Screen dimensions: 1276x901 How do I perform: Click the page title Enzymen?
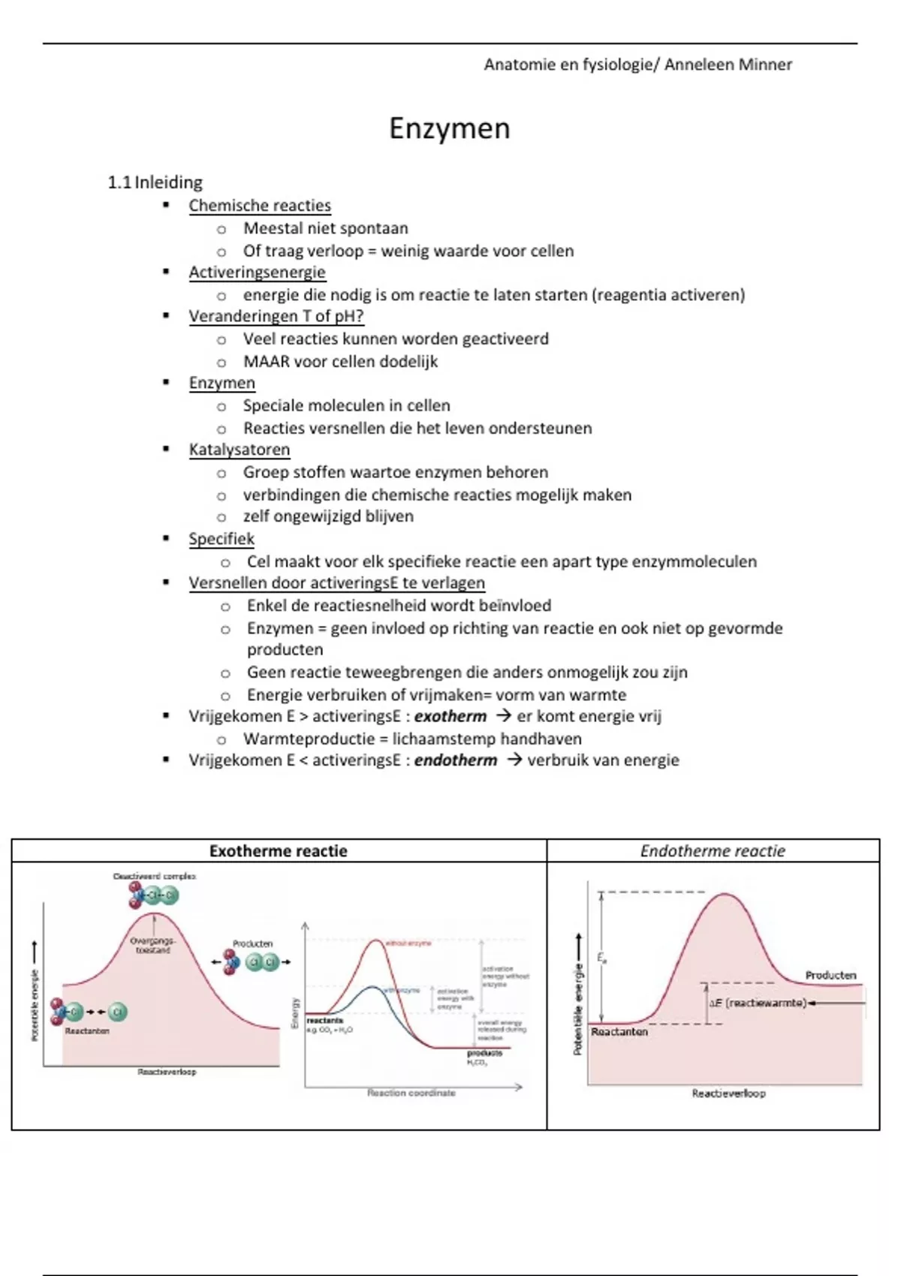449,129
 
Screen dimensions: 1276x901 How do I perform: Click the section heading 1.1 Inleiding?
155,182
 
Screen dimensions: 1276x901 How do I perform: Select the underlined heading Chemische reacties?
260,206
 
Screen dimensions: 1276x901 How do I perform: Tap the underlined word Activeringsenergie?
257,272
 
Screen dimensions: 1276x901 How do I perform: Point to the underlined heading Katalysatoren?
239,450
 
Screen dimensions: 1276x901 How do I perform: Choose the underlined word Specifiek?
221,539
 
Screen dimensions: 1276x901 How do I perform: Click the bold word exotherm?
450,716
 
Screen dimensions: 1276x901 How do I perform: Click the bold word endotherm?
455,760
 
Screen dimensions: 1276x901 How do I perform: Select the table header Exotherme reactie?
278,851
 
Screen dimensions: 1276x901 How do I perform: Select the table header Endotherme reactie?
713,851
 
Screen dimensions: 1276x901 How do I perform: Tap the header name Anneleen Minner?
728,65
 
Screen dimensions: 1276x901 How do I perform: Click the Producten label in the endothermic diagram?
830,975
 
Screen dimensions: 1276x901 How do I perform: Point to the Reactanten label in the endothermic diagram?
619,1032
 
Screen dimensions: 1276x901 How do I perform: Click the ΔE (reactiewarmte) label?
758,1003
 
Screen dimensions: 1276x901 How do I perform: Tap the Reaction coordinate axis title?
411,1093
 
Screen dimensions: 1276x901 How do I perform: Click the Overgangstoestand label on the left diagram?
152,945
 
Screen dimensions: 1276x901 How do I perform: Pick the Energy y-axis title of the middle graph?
295,1013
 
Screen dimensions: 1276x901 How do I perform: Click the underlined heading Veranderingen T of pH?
276,317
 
